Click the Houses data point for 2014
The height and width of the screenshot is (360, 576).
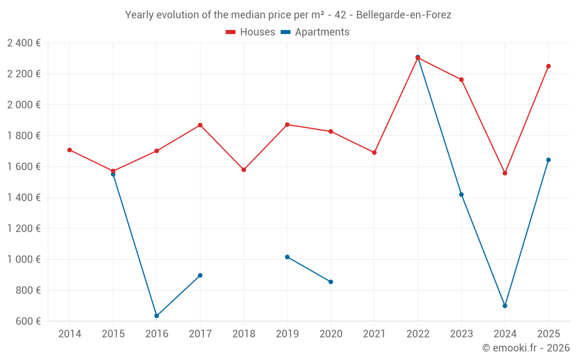click(x=70, y=150)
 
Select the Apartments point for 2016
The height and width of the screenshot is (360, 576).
click(x=157, y=316)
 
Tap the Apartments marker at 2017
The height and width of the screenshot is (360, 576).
click(x=200, y=275)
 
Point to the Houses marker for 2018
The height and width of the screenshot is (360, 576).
click(x=244, y=170)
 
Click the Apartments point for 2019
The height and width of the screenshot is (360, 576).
click(x=287, y=257)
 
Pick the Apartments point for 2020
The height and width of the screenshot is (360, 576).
click(x=331, y=282)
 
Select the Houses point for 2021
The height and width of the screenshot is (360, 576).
click(x=374, y=153)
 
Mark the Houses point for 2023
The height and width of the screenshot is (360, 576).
click(x=461, y=79)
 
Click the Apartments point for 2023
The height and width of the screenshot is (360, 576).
click(x=461, y=194)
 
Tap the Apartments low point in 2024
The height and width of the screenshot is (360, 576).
click(x=505, y=306)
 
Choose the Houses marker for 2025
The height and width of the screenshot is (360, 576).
click(x=548, y=66)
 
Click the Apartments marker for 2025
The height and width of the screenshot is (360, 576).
click(x=548, y=160)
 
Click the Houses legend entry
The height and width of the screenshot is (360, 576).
click(x=251, y=32)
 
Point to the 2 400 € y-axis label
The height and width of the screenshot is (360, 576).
click(x=24, y=43)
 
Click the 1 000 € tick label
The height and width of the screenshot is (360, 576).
click(x=24, y=259)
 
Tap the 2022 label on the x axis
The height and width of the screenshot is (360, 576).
click(x=418, y=334)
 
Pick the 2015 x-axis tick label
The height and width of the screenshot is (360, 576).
click(x=113, y=334)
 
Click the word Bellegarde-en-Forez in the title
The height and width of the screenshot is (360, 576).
click(x=404, y=15)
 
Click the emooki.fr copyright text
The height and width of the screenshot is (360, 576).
click(x=525, y=348)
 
